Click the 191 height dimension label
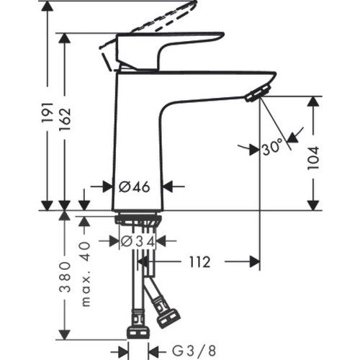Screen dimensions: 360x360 (x=48, y=112)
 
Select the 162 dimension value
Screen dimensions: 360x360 (x=65, y=119)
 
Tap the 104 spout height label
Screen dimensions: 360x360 (x=314, y=158)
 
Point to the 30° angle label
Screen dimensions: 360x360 (x=272, y=147)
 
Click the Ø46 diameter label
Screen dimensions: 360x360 (x=135, y=187)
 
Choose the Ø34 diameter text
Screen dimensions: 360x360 (x=138, y=241)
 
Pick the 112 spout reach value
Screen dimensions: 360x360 (x=199, y=262)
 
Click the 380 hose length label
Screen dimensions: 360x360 (x=65, y=276)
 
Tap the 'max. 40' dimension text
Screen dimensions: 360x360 (x=86, y=274)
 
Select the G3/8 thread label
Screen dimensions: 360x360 (x=194, y=351)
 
